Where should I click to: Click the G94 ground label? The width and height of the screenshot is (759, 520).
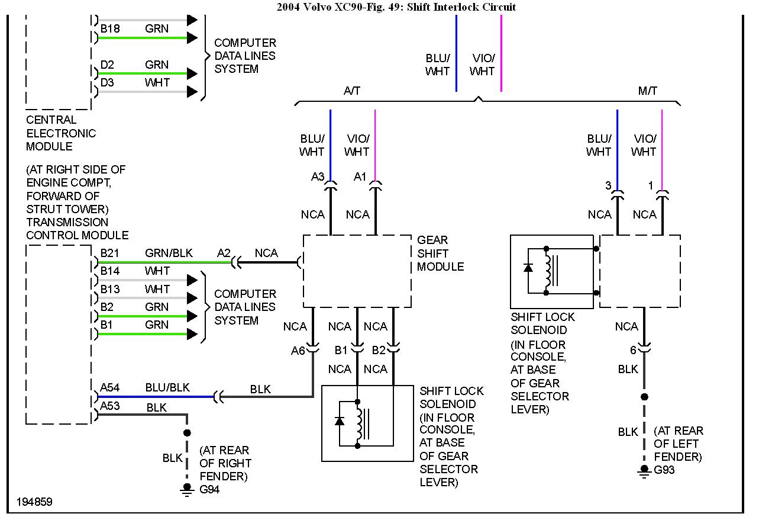pos(210,490)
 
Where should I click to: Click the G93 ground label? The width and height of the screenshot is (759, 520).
pos(664,470)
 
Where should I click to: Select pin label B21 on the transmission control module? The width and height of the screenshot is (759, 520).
pos(109,253)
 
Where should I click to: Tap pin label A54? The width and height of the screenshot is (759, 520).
pos(109,387)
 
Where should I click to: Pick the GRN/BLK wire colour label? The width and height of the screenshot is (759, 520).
pos(169,253)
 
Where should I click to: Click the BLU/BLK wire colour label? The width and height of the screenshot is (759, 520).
pos(167,387)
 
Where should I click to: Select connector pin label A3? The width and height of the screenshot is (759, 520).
pos(318,176)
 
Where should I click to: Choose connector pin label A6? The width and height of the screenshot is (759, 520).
pos(298,351)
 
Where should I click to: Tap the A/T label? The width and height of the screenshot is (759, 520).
pos(352,91)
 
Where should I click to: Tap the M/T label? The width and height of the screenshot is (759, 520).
pos(648,91)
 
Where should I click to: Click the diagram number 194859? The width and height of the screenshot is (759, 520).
pos(34,502)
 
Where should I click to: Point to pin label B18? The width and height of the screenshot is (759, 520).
pos(109,28)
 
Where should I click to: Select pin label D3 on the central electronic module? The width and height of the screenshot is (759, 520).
pos(107,82)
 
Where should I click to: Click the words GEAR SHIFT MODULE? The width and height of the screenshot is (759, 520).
pos(440,253)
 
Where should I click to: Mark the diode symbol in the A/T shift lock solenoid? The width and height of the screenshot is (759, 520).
pos(340,421)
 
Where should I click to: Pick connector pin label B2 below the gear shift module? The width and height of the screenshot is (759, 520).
pos(379,350)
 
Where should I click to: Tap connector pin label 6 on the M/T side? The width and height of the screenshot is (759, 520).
pos(633,350)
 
